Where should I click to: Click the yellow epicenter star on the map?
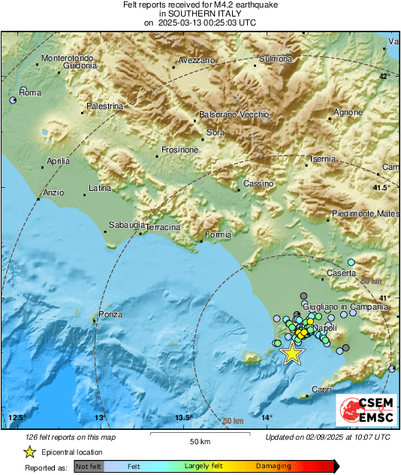291,353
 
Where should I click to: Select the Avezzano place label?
197,60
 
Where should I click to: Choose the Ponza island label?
110,314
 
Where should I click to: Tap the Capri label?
321,389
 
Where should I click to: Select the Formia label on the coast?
218,235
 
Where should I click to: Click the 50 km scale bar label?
199,441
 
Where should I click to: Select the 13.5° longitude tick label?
184,418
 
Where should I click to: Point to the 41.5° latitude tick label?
382,187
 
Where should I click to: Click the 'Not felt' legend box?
89,466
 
